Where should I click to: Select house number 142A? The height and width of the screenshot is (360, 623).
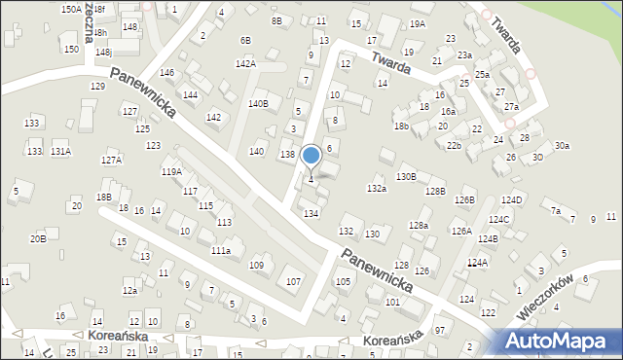tap(245, 64)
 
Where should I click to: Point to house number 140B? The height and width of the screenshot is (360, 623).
tap(258, 104)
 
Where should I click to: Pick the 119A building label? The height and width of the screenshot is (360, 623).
tap(171, 172)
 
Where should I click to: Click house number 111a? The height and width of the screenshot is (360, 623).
tap(221, 251)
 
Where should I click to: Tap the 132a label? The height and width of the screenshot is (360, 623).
tap(377, 189)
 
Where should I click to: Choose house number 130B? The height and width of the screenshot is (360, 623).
tap(406, 176)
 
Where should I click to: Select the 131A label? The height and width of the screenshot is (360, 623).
tap(61, 152)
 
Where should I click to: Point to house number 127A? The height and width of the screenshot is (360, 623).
tap(112, 161)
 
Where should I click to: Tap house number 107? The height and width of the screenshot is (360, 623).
tap(292, 282)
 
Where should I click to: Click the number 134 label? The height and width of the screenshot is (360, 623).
tap(311, 213)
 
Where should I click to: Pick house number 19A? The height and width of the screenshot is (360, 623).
tap(418, 24)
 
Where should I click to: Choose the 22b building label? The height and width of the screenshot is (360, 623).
tap(454, 146)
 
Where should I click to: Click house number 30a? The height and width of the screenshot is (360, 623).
tap(562, 146)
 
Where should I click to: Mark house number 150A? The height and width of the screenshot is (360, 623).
tap(70, 9)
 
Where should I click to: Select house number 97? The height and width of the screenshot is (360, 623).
tap(439, 332)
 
